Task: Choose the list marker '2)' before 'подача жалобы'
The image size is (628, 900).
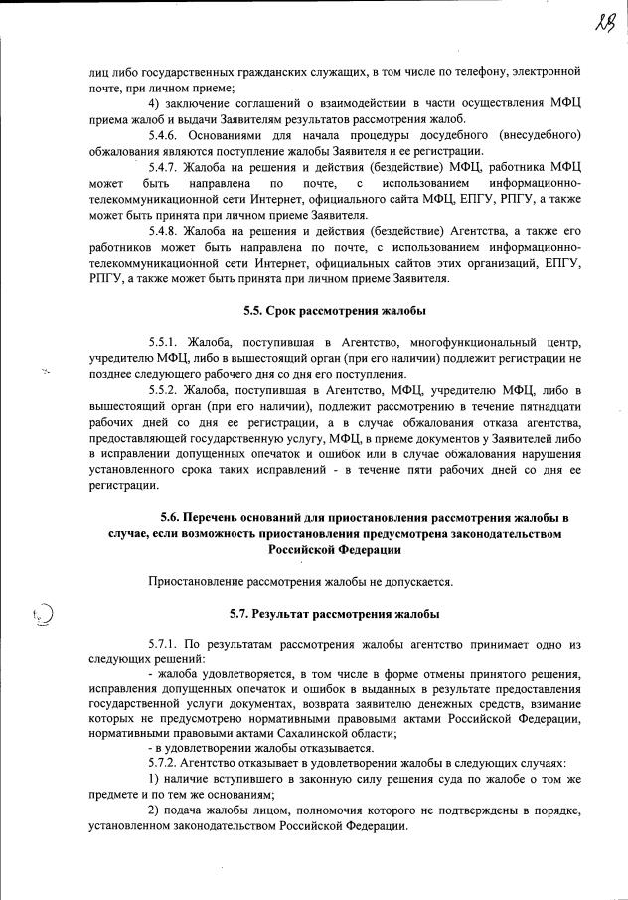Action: click(x=154, y=810)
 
